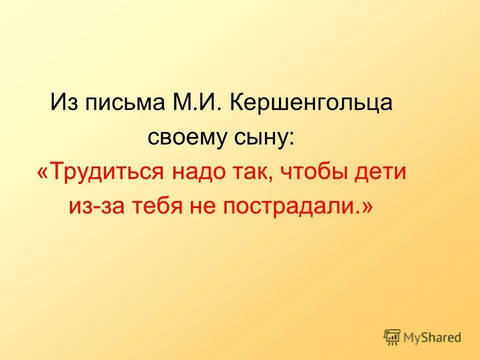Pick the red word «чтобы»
[x=310, y=172]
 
